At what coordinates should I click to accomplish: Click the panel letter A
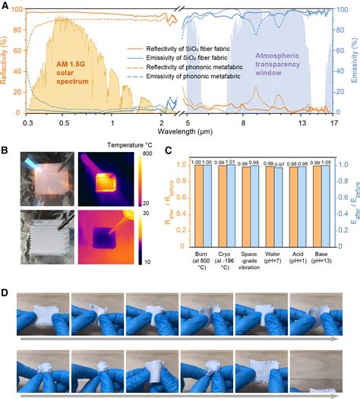pyautogui.click(x=5, y=6)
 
